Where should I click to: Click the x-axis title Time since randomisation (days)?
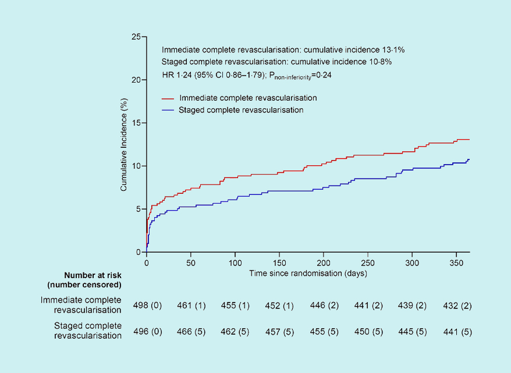tap(308, 272)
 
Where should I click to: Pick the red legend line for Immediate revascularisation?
tap(168, 98)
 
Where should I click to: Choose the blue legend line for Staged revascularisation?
tap(168, 109)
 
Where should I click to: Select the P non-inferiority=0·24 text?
tap(299, 75)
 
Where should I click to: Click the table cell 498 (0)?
tap(147, 304)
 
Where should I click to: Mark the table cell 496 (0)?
tap(147, 331)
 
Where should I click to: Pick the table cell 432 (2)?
tap(456, 304)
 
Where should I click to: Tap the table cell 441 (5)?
tap(456, 331)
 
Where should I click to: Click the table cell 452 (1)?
tap(279, 304)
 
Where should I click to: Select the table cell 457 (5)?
tap(279, 331)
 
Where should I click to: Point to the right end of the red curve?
tap(469, 140)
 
